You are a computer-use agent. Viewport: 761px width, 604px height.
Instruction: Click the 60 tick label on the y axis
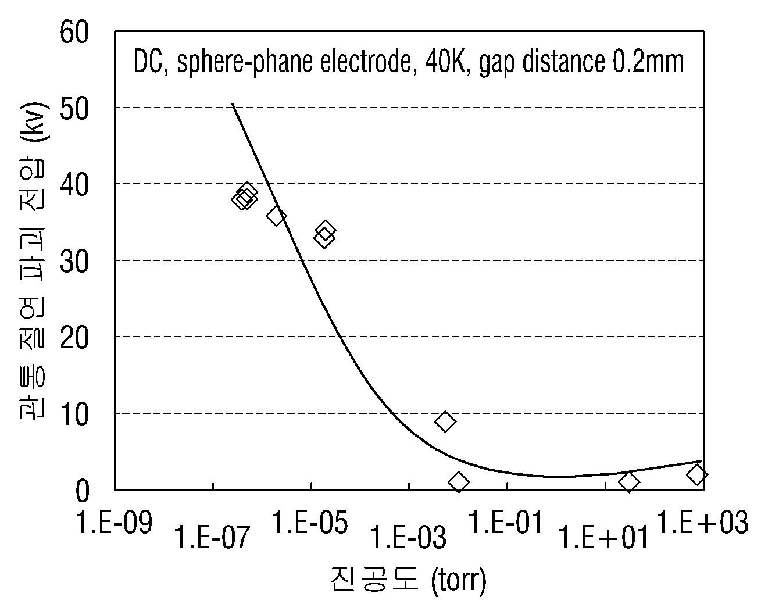click(x=74, y=32)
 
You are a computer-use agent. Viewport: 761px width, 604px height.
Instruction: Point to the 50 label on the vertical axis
click(x=74, y=109)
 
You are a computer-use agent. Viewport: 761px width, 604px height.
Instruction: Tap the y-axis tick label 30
click(x=74, y=262)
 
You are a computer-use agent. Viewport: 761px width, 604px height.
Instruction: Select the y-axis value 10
click(x=74, y=414)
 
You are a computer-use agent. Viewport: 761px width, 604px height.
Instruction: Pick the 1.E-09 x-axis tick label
click(x=114, y=523)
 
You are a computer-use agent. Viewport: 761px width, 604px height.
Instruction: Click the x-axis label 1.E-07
click(x=213, y=538)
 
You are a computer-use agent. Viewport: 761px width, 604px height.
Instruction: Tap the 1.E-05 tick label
click(x=310, y=522)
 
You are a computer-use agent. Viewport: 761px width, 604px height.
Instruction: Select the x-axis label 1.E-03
click(x=408, y=538)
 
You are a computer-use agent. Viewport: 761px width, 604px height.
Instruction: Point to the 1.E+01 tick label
click(x=603, y=538)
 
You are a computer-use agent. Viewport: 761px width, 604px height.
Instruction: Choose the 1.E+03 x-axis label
click(x=702, y=522)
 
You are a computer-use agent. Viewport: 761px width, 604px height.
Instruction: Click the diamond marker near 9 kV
click(x=445, y=421)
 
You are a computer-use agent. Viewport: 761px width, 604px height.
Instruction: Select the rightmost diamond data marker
click(x=697, y=474)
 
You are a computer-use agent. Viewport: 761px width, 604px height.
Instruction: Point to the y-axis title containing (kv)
click(x=33, y=262)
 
